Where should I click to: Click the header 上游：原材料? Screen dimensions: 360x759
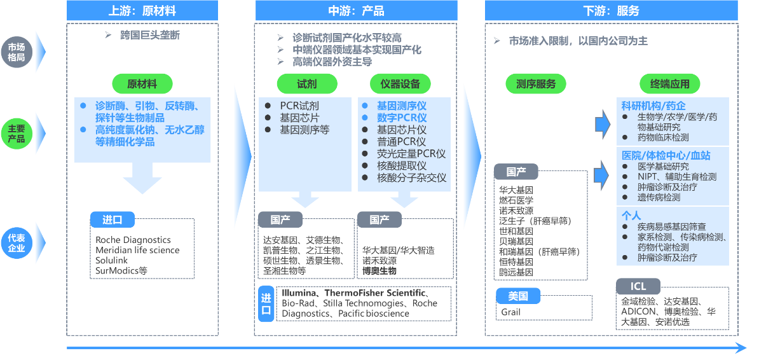142,11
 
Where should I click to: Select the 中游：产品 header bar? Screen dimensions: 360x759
356,11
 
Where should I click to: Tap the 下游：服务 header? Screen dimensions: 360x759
611,11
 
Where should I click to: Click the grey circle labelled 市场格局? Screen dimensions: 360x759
17,52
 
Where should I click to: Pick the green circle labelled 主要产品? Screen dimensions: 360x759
17,134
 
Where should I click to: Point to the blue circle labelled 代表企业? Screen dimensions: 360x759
17,243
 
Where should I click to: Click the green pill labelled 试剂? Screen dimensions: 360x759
306,83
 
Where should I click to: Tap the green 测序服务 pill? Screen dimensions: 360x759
536,83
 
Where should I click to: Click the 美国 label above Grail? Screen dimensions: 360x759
518,296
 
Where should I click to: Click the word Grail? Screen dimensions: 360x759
510,312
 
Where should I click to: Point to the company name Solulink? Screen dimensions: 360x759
112,261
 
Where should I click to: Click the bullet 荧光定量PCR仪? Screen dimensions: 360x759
411,153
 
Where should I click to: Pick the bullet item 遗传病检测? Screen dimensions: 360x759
659,197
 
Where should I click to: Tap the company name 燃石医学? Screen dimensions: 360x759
516,200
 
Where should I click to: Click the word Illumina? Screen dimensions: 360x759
299,294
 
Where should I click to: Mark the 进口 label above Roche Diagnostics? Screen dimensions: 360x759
112,220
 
